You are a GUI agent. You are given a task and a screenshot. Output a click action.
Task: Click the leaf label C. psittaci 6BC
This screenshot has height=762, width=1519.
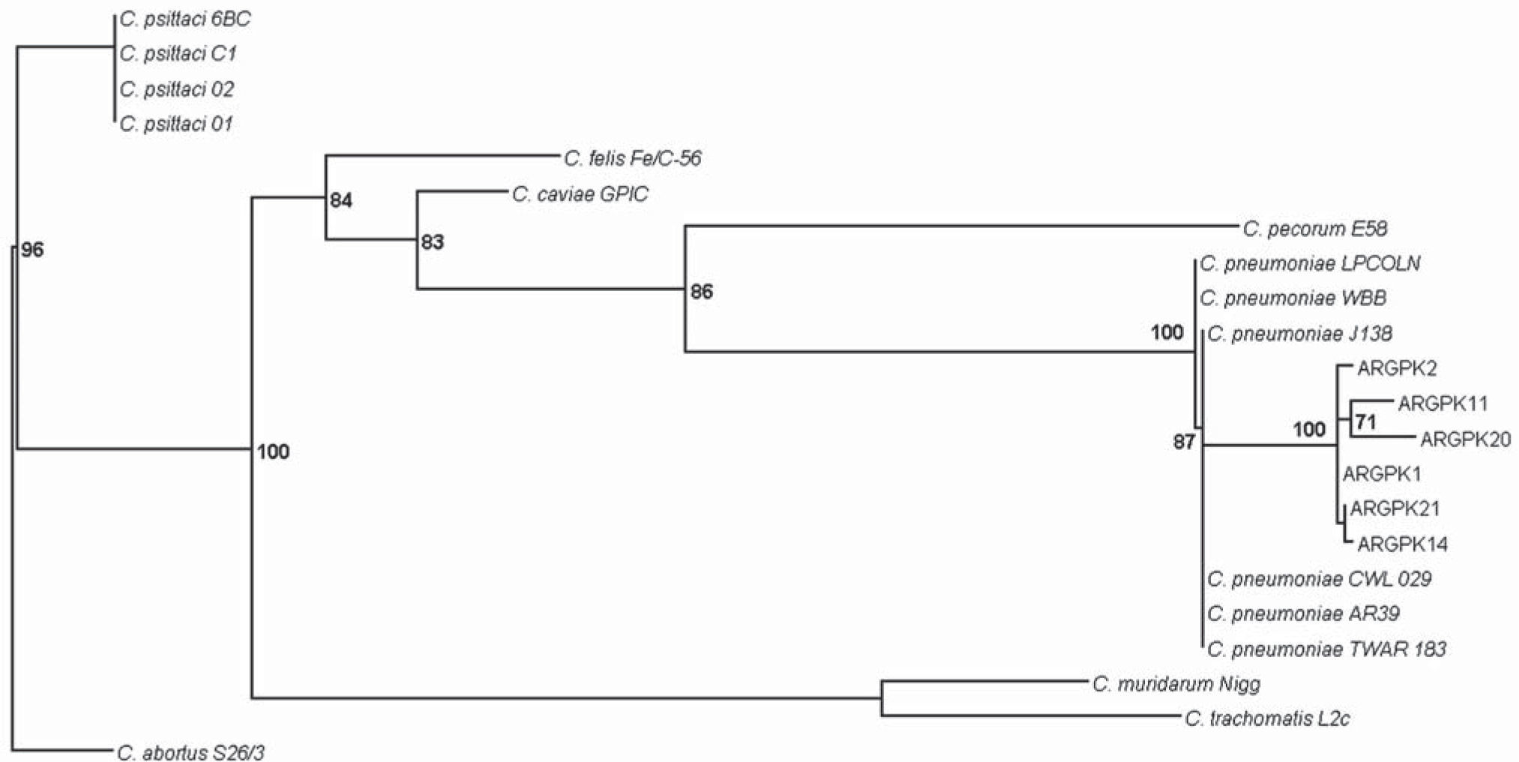point(184,19)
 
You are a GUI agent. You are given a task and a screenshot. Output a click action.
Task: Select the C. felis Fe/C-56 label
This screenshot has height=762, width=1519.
point(633,158)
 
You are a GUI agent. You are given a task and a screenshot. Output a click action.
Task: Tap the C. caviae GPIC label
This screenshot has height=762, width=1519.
point(580,194)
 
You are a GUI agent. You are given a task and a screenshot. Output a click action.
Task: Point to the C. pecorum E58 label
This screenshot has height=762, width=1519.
point(1314,229)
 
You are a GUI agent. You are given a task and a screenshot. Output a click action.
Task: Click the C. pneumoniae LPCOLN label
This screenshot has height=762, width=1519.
point(1310,264)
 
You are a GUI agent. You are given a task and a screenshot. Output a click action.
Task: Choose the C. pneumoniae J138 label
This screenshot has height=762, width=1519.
point(1299,334)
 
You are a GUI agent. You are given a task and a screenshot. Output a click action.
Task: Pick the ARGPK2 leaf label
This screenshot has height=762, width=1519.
point(1397,368)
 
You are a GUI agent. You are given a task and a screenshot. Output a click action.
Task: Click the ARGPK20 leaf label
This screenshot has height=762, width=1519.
point(1465,439)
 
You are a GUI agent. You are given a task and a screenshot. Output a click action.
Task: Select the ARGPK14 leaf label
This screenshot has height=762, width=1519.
point(1402,544)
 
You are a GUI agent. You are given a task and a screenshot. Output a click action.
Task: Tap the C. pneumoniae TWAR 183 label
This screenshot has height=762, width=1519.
point(1326,649)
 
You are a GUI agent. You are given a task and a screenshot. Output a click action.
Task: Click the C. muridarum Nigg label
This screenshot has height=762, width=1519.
point(1176,684)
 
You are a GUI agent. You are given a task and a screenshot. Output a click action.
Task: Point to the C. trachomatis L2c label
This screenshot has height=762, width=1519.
point(1267,718)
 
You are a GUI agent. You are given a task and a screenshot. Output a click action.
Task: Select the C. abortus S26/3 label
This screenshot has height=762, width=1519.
point(190,752)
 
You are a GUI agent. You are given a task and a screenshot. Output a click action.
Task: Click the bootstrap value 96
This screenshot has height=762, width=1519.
point(32,250)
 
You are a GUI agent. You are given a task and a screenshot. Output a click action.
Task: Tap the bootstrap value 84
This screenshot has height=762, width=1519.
point(341,200)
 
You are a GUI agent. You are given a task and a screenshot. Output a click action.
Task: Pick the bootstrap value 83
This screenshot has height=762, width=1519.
point(433,241)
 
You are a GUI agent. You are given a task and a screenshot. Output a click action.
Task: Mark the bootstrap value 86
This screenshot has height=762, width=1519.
point(702,291)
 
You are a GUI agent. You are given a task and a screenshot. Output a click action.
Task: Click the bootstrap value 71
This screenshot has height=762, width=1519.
point(1366,422)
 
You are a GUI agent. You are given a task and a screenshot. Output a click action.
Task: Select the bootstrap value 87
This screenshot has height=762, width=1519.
point(1184,442)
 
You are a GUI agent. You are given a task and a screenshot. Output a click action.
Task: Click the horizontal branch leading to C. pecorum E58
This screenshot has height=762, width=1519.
point(960,225)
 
